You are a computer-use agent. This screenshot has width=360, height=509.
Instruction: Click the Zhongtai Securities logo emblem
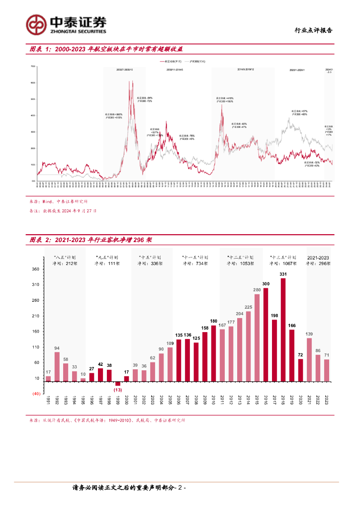[36, 23]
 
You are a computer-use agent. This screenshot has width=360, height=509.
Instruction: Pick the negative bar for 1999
[118, 383]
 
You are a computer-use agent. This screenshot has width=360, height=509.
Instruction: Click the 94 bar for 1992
[57, 366]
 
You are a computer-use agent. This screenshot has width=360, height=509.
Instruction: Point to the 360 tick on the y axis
[35, 269]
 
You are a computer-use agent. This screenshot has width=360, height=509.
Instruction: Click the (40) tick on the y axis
[36, 394]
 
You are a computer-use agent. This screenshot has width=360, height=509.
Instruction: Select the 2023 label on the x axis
[326, 401]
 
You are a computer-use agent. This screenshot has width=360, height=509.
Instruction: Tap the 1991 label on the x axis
[49, 401]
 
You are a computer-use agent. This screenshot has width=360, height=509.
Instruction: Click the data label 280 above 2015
[257, 290]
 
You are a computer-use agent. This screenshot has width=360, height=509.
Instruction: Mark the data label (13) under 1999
[118, 390]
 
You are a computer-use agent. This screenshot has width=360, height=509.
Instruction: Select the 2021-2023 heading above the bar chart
[318, 257]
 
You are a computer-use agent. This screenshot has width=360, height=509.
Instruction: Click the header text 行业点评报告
[313, 30]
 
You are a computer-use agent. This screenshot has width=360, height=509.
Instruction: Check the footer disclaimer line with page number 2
[129, 488]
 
